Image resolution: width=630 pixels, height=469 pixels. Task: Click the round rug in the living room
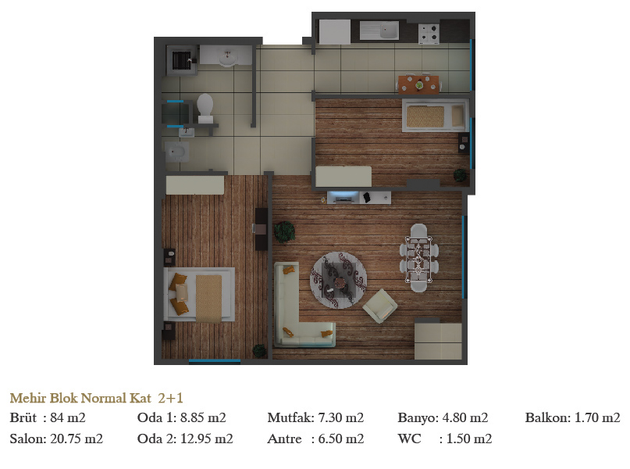click(x=338, y=281)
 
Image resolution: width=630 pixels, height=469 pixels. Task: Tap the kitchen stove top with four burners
click(x=429, y=34)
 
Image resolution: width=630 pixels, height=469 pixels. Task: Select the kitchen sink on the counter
click(x=379, y=30)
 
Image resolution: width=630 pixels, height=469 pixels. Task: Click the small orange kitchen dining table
click(x=419, y=84)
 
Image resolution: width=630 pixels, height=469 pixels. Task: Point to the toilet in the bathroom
click(x=205, y=108)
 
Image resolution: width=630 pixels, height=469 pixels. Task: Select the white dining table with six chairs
click(x=418, y=258)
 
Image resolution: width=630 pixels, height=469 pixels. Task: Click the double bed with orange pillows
click(x=199, y=295)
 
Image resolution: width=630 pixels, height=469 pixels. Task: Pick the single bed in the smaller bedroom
click(x=436, y=116)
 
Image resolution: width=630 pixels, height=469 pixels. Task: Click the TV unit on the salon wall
click(x=359, y=197)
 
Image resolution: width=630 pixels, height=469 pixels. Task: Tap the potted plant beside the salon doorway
click(x=284, y=231)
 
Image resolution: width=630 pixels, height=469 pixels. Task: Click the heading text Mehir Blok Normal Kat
click(x=80, y=398)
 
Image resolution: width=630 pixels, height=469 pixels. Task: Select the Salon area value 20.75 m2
click(x=77, y=439)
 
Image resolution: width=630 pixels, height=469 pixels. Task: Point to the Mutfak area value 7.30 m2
click(x=340, y=417)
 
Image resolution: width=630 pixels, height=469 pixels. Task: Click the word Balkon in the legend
click(x=547, y=417)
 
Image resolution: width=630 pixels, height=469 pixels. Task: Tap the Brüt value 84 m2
click(x=67, y=417)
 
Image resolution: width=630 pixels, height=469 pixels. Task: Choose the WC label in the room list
click(x=409, y=439)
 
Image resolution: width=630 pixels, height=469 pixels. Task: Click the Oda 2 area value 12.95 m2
click(x=207, y=439)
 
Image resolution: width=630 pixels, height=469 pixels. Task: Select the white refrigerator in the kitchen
click(x=335, y=31)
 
